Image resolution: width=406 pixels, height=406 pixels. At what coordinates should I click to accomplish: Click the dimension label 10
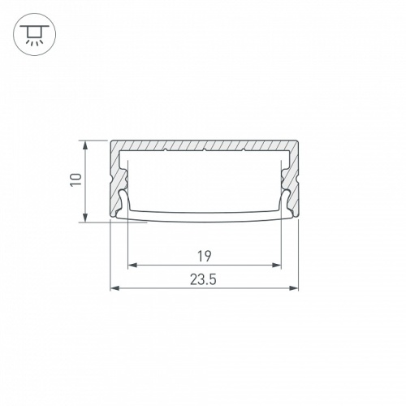click(x=76, y=179)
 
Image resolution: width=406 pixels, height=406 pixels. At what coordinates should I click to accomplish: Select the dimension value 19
click(x=205, y=257)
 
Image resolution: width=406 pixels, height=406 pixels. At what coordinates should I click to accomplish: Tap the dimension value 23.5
click(x=203, y=279)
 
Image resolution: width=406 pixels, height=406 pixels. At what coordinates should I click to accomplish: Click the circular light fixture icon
click(x=34, y=35)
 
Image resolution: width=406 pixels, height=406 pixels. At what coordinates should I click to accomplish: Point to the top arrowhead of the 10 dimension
click(x=85, y=145)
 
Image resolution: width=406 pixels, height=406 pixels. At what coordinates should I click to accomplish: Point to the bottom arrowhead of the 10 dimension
click(x=85, y=218)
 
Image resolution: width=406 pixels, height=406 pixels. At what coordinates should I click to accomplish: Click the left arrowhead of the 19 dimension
click(x=132, y=265)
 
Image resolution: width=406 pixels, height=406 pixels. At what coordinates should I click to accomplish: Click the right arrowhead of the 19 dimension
click(x=277, y=265)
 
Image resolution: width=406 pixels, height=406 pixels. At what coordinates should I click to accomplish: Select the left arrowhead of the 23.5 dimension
click(x=114, y=288)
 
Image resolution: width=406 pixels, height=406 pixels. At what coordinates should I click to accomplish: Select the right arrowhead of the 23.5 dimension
click(x=293, y=288)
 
